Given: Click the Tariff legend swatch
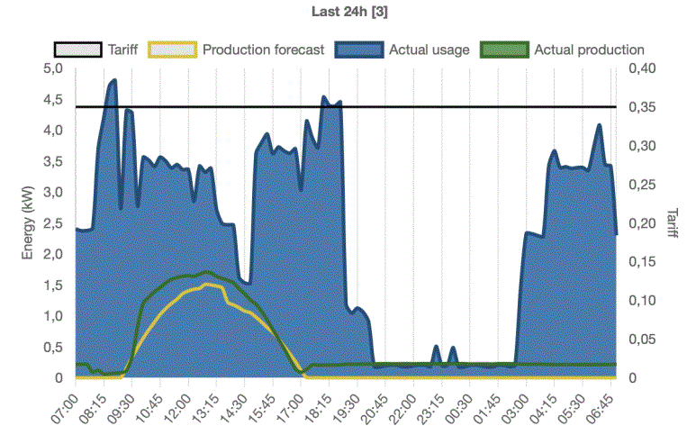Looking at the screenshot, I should [x=77, y=50].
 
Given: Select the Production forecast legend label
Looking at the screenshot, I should [x=263, y=50].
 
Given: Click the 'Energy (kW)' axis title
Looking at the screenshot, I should [x=28, y=223].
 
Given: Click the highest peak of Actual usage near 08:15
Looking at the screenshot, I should [x=114, y=81].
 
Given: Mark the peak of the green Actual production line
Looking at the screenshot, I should [x=207, y=272].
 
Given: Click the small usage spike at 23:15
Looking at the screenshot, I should [x=436, y=347].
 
